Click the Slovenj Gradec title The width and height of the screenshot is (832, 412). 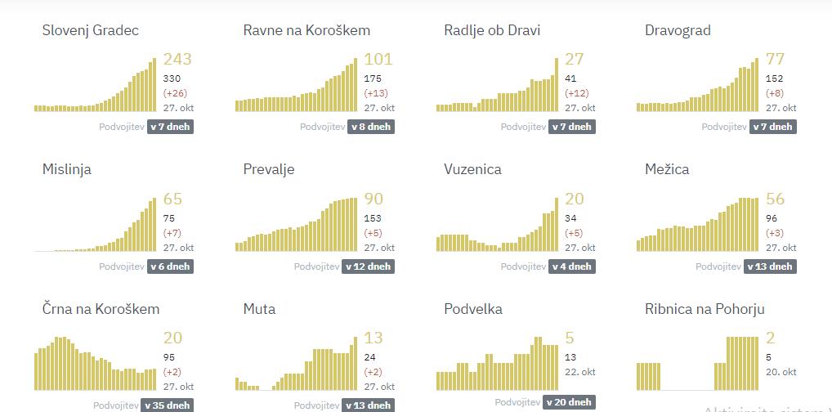coord(91,30)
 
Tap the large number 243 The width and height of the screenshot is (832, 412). coord(177,60)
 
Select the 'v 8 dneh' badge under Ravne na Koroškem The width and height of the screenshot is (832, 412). coord(371,127)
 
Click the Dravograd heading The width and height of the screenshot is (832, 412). coord(678,30)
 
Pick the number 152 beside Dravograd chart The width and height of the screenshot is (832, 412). coord(776,78)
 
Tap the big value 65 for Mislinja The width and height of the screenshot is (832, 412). coord(172,199)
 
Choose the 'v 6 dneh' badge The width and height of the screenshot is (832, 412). coord(170,266)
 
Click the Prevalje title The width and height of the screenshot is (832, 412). coord(269,170)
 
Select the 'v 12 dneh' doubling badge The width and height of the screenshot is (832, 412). coord(368,266)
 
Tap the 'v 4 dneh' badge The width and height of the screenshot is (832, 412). coord(571,266)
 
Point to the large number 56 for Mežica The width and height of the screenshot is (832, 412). coord(775,199)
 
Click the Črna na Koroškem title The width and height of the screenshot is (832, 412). coord(101,309)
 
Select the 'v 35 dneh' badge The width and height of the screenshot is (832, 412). coord(168,405)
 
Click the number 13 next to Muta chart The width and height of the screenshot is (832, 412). coord(373,338)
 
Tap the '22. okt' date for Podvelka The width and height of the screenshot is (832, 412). coord(580,372)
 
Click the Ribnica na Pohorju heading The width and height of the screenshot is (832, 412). coord(705,309)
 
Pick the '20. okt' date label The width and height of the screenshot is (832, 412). coord(781,372)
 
